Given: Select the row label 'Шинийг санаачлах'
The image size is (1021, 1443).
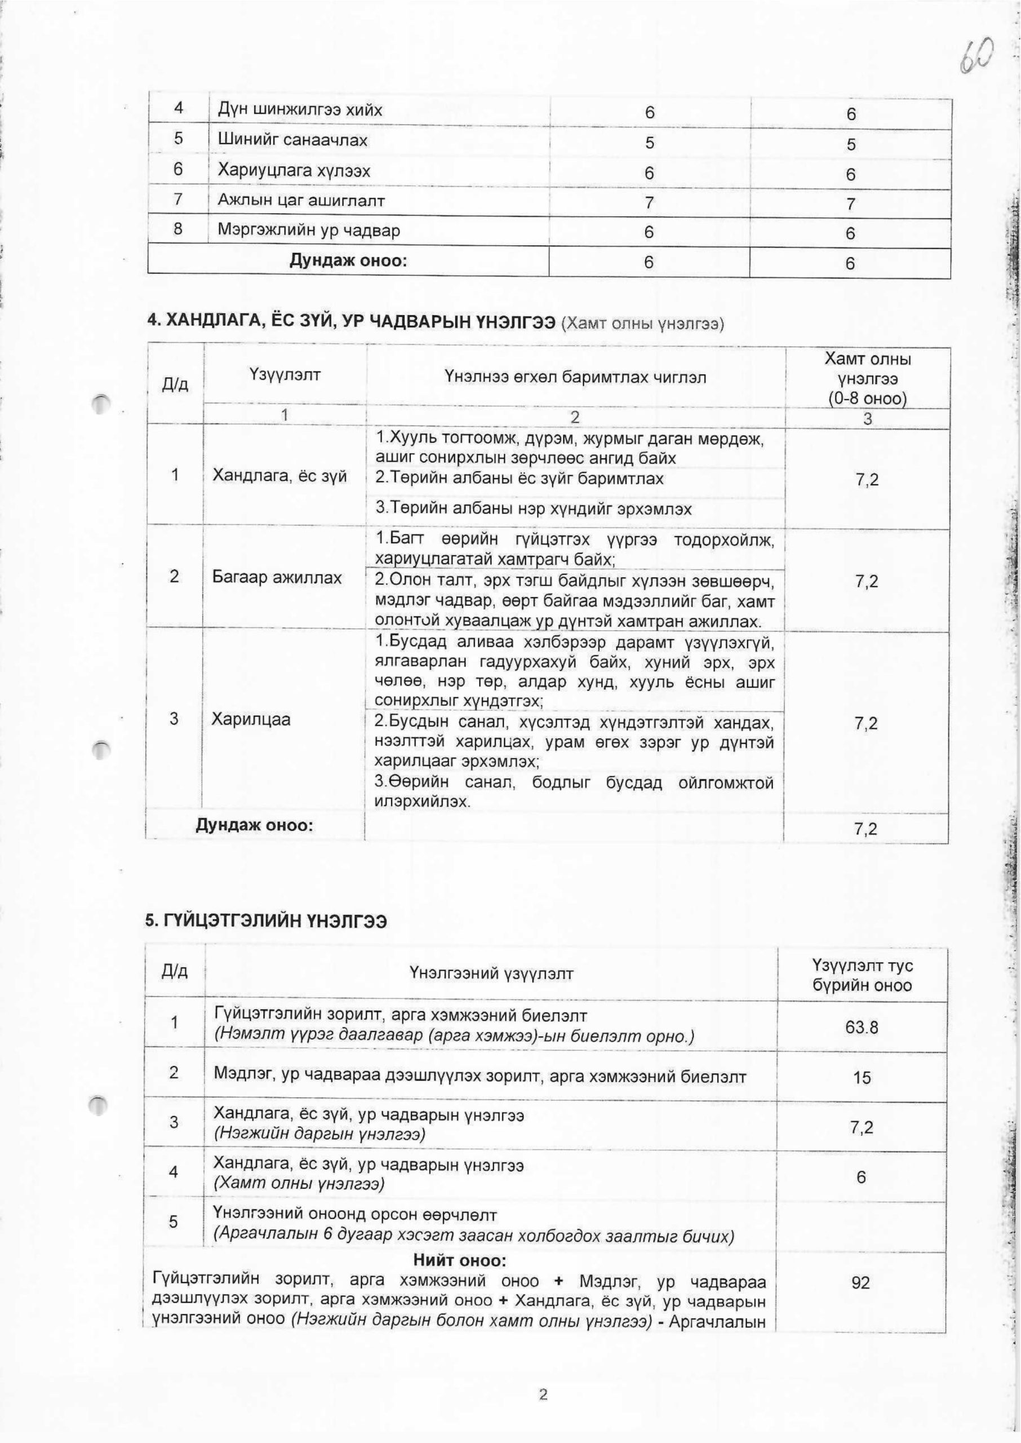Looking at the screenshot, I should click(x=292, y=140).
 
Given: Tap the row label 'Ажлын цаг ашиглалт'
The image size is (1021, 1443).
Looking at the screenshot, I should click(x=301, y=201).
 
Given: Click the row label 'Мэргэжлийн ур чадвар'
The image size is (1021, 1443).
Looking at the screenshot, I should click(x=309, y=231).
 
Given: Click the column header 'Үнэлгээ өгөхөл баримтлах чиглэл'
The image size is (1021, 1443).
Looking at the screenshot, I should click(x=575, y=377).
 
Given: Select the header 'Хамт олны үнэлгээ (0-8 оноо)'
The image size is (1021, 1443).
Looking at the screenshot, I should click(x=867, y=379).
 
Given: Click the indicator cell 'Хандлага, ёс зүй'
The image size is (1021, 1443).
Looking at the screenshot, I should click(x=280, y=476).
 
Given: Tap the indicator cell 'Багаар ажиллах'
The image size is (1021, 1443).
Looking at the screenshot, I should click(x=277, y=577).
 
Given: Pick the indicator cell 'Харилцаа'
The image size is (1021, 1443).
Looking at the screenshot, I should click(x=251, y=719).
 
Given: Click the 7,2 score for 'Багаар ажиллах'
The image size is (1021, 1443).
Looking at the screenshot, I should click(x=867, y=582).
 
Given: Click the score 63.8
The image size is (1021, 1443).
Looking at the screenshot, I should click(x=862, y=1028).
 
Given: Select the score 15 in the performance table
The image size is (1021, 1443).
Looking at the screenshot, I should click(x=862, y=1078).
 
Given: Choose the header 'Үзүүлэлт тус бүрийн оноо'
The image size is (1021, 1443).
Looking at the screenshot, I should click(x=862, y=975).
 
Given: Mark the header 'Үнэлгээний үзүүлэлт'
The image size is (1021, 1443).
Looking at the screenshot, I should click(x=491, y=975).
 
